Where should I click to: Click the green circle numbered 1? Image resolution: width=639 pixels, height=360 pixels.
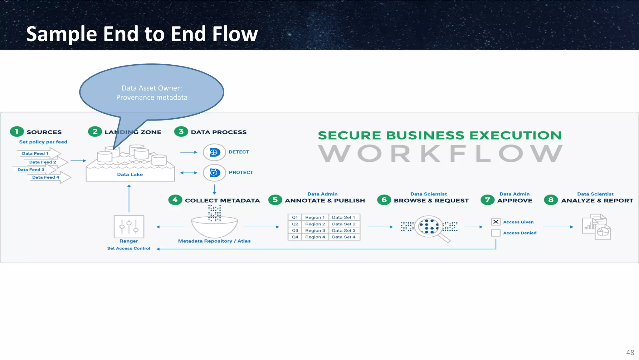click(17, 131)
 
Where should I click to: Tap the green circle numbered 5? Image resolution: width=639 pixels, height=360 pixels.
click(275, 200)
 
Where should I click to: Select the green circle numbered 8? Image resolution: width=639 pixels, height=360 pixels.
click(551, 200)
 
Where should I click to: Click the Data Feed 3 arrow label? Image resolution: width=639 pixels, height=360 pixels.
click(31, 170)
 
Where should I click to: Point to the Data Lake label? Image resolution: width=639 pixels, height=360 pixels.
click(130, 174)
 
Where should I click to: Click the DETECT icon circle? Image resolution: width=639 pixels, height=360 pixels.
click(214, 152)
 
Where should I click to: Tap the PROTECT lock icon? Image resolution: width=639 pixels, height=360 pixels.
click(214, 172)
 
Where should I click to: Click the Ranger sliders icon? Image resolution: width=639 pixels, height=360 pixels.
click(129, 226)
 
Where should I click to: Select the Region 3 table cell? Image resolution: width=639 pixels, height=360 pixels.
click(315, 230)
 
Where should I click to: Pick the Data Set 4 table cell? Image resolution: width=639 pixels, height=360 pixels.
click(344, 237)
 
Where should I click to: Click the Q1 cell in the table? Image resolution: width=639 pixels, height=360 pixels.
click(295, 217)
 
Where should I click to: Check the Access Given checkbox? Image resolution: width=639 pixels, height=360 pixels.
click(495, 222)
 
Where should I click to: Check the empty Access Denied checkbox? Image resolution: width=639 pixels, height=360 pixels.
click(495, 233)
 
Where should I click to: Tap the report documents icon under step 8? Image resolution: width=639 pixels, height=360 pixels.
click(596, 227)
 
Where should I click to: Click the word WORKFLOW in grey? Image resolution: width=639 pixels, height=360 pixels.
click(440, 154)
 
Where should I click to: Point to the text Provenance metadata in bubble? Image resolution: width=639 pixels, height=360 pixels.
click(152, 97)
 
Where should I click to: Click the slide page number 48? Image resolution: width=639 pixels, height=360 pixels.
click(630, 353)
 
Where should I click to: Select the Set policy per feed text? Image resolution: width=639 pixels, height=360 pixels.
click(43, 142)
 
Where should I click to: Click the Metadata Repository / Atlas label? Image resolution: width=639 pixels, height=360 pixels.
click(214, 241)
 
